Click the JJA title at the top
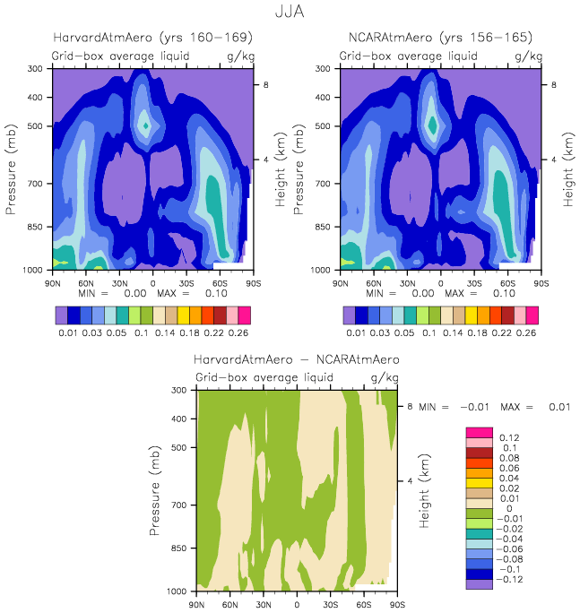290,13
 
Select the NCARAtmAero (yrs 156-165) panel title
440,38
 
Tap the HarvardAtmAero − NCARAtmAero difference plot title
297,359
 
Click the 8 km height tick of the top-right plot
553,84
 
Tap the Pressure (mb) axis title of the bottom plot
157,491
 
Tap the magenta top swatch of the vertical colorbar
480,431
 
